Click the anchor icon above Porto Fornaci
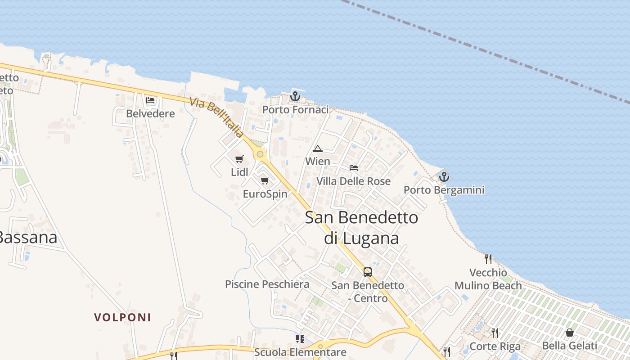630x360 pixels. tap(295, 96)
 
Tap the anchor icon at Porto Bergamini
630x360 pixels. tap(444, 176)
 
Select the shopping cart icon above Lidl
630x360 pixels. tap(239, 159)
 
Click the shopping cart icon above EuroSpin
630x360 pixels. tap(265, 180)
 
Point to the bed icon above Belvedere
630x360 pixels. tap(150, 100)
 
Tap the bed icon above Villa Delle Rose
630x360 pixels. tap(354, 168)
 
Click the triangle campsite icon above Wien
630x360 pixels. tap(318, 148)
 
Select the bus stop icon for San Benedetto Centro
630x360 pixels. tap(368, 272)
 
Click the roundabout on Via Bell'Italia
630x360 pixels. tap(260, 154)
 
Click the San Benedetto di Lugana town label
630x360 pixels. tap(361, 227)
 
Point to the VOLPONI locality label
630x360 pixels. tap(122, 317)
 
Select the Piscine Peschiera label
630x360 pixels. tap(267, 284)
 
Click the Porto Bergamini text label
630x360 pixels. tap(444, 190)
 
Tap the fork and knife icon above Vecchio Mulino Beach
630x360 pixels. tap(488, 259)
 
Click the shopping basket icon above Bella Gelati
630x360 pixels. tap(570, 333)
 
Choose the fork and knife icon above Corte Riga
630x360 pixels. tap(495, 333)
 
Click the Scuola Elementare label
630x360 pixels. tap(300, 352)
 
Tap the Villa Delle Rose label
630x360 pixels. tap(353, 181)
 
